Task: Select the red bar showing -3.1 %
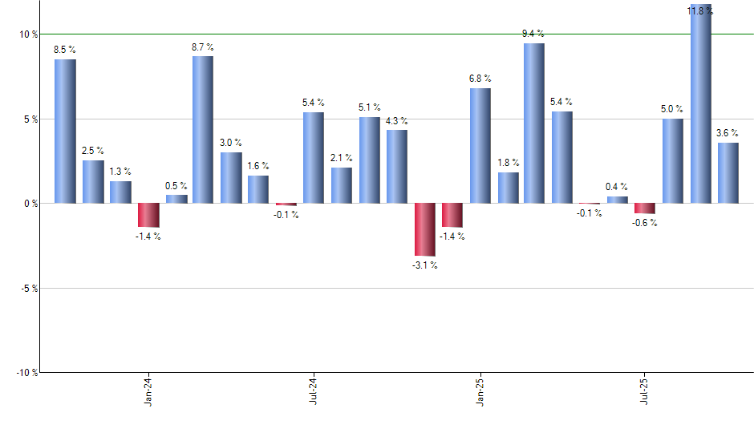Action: pyautogui.click(x=424, y=229)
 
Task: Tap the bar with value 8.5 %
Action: pyautogui.click(x=65, y=131)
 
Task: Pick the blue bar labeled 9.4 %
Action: pyautogui.click(x=534, y=123)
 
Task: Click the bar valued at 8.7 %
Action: pyautogui.click(x=203, y=130)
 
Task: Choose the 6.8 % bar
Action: pyautogui.click(x=480, y=146)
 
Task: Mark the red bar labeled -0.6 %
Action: pyautogui.click(x=645, y=208)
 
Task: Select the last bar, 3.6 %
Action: pyautogui.click(x=728, y=173)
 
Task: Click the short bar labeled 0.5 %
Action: pyautogui.click(x=176, y=199)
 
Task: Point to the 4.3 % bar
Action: pyautogui.click(x=396, y=167)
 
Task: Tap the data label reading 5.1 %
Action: pyautogui.click(x=370, y=107)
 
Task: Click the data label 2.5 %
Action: pyautogui.click(x=93, y=151)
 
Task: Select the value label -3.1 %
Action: pyautogui.click(x=424, y=265)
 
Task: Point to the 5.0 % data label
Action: pyautogui.click(x=673, y=109)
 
